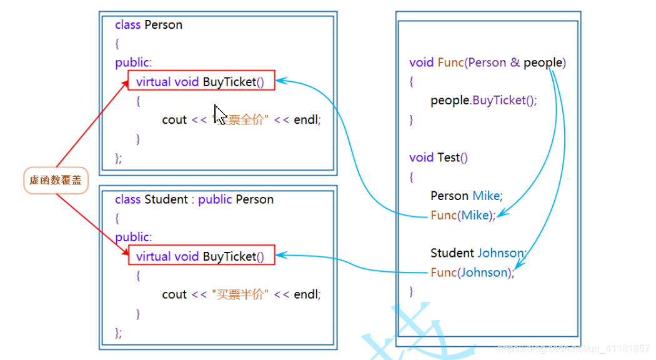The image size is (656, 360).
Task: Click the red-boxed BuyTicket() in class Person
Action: [201, 81]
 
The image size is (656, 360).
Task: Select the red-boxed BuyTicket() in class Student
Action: [201, 256]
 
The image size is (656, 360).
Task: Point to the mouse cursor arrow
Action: [219, 114]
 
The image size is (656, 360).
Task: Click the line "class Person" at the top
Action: [149, 25]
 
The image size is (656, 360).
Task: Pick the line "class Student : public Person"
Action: [194, 199]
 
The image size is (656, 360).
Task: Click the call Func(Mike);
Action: [463, 215]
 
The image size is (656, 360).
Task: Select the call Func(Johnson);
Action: [472, 272]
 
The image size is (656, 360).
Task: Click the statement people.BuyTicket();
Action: [483, 101]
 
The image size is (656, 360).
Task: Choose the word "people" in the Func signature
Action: [543, 62]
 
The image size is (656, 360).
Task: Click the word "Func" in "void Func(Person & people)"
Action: [450, 62]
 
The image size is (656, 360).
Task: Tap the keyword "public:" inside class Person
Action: [133, 62]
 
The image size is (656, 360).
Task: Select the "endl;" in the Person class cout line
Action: [307, 119]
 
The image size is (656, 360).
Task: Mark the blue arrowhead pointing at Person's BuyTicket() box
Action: [280, 80]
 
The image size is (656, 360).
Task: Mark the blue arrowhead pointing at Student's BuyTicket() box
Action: [280, 255]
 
